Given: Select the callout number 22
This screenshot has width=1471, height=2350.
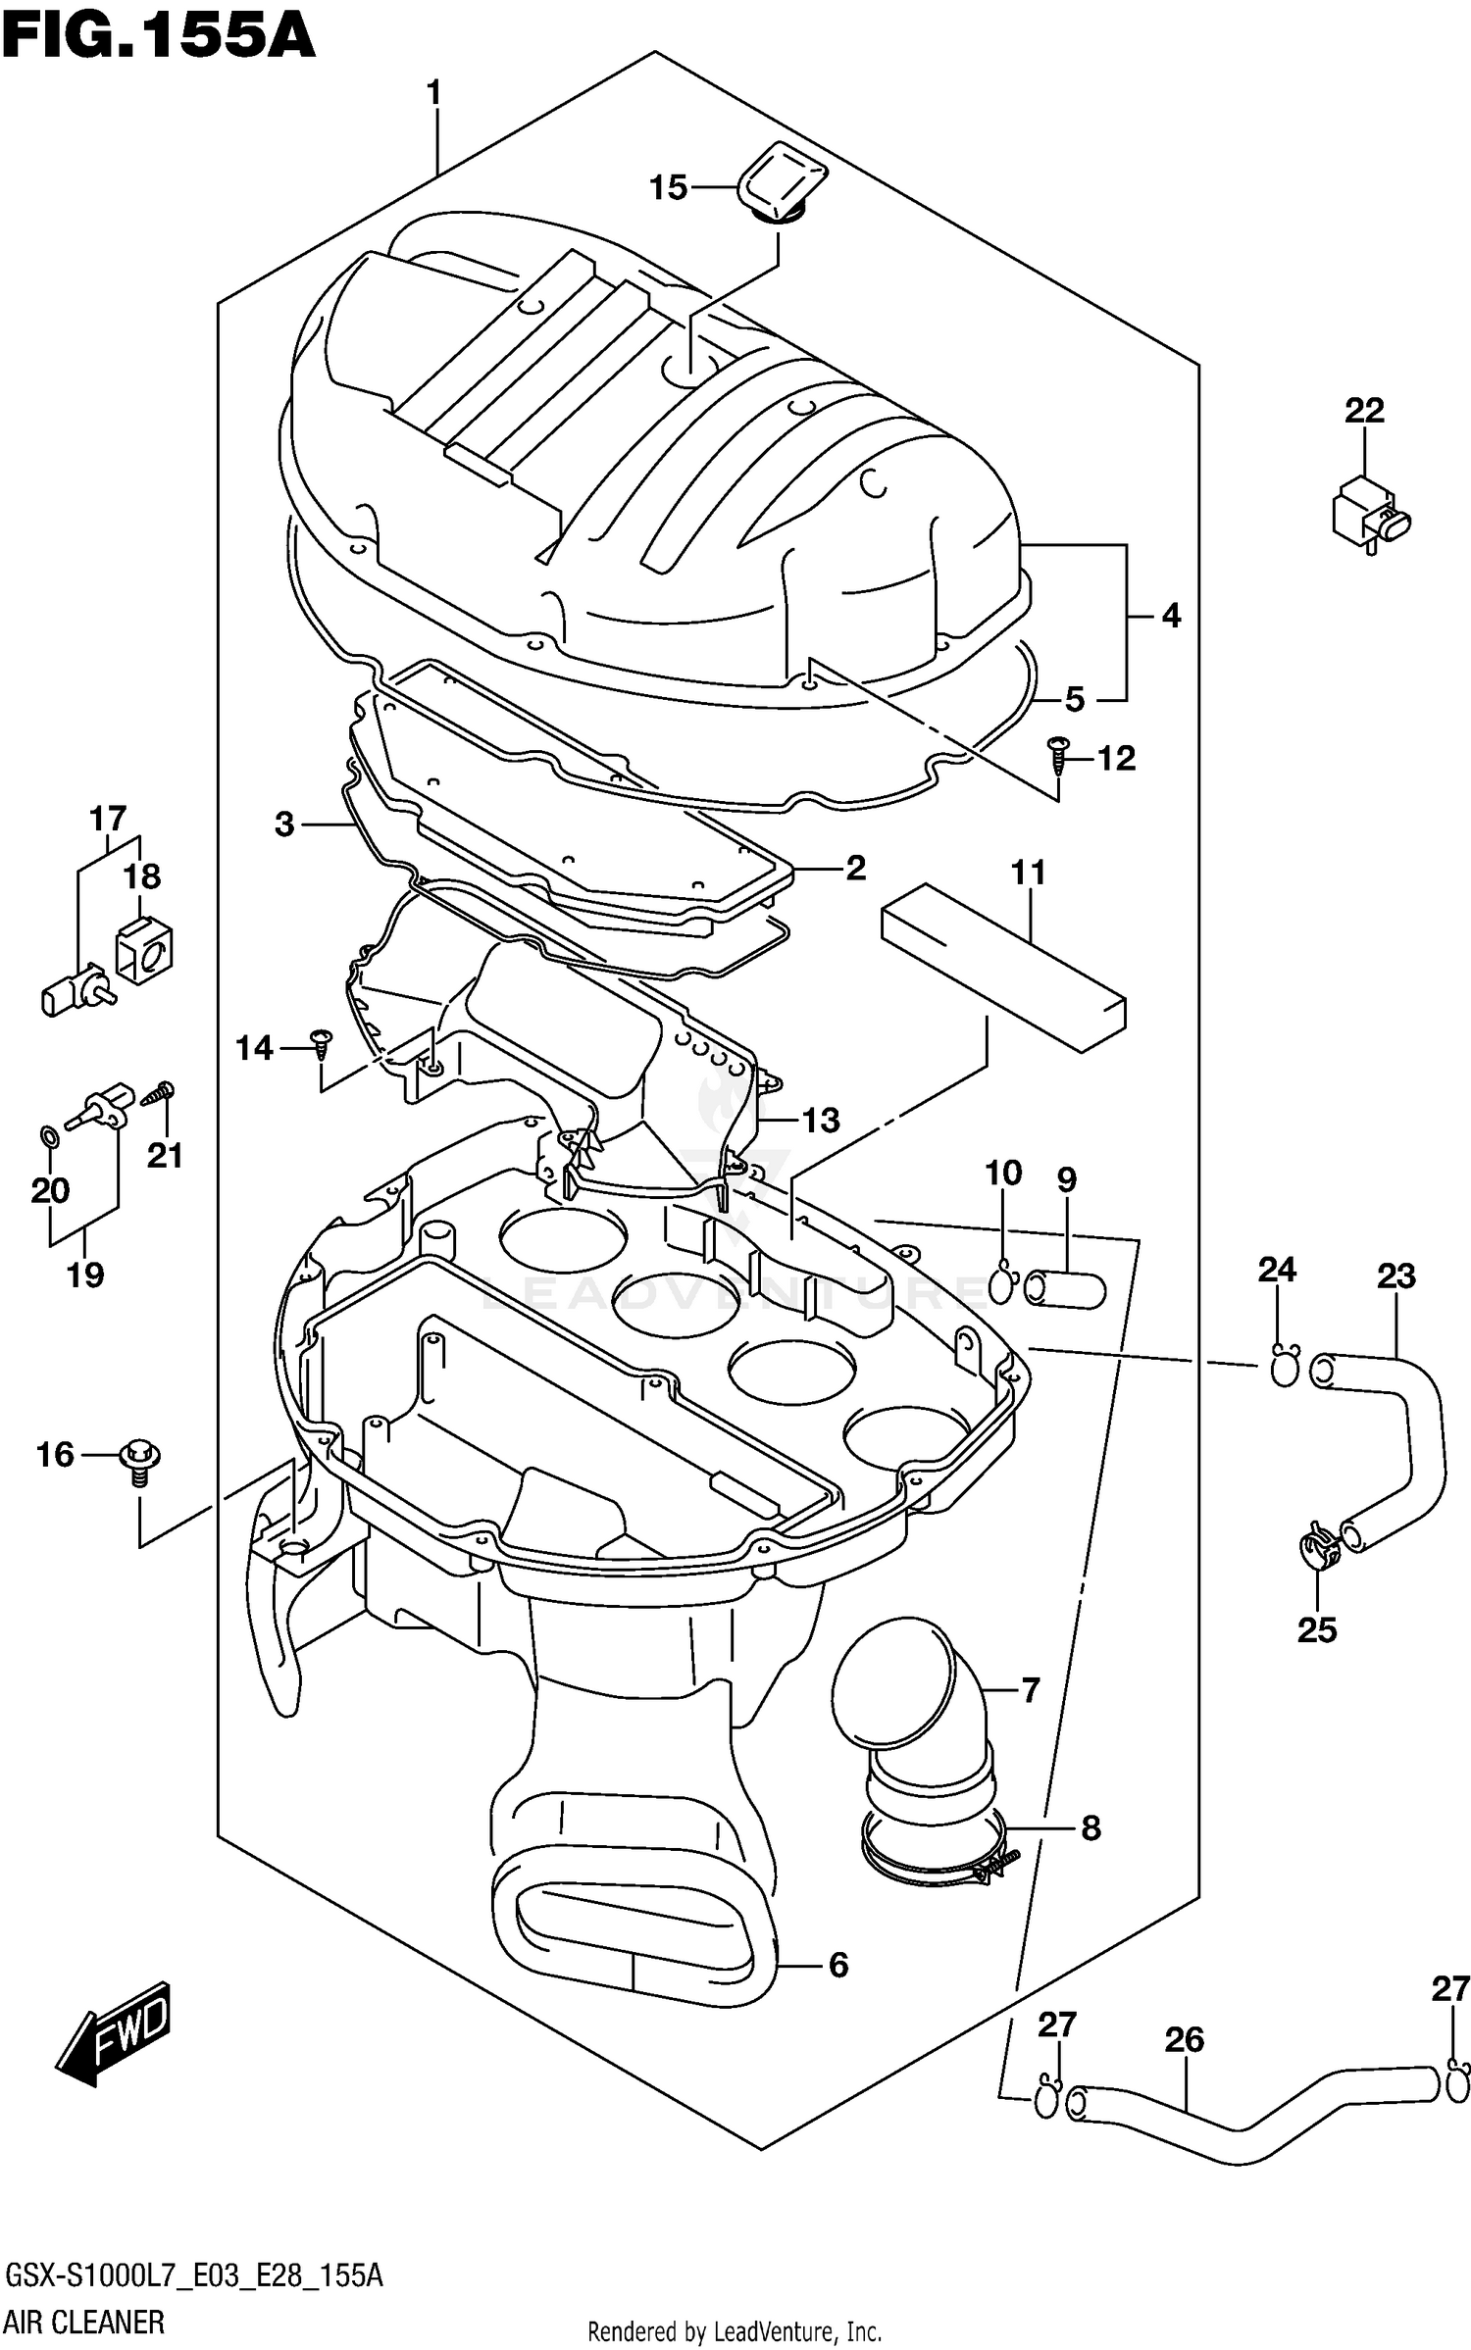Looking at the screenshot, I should coord(1363,410).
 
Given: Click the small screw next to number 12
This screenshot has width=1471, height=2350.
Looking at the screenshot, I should coord(1057,757).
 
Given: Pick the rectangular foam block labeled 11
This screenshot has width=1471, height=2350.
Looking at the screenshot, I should coord(1003,967).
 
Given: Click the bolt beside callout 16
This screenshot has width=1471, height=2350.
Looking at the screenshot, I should coord(140,1458).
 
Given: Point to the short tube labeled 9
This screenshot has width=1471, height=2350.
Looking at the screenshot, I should coord(1065,1288).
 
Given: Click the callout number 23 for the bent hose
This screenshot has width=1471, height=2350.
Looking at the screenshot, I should coord(1395,1275).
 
